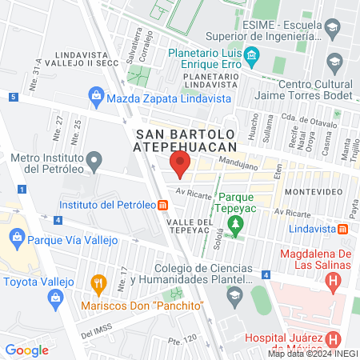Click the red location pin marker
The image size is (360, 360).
pos(179,166)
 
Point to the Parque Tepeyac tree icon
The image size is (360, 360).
pos(234,228)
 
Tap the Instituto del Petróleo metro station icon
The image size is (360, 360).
pos(162,205)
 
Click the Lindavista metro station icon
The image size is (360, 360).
pos(342,229)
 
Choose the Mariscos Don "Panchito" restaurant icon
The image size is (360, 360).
pos(98,282)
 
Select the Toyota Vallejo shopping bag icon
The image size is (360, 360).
pos(56,299)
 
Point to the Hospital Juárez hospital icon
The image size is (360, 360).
pos(334,339)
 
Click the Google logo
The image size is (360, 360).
pos(27,350)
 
